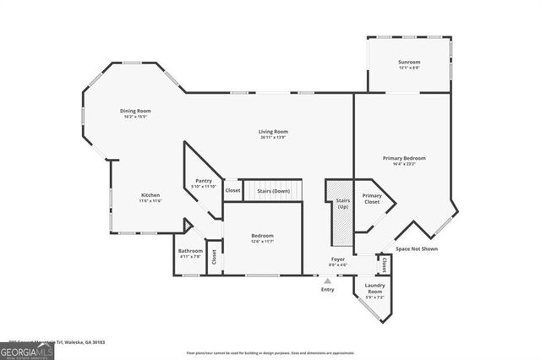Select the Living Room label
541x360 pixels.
(274, 133)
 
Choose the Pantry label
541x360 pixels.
(203, 182)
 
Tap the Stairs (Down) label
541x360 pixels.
(274, 191)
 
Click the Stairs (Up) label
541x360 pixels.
(343, 204)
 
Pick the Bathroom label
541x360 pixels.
(189, 253)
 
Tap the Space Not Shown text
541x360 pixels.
(417, 249)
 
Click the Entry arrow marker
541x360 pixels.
(327, 281)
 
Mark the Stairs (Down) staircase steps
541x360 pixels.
(272, 191)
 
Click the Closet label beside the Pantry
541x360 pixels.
(232, 191)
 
